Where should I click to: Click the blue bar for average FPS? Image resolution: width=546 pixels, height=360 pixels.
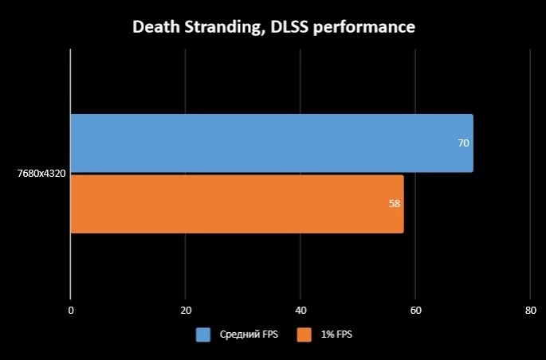pyautogui.click(x=272, y=143)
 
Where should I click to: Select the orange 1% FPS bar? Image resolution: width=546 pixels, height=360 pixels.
pyautogui.click(x=238, y=204)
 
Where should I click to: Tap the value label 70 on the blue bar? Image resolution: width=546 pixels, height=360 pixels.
pyautogui.click(x=463, y=143)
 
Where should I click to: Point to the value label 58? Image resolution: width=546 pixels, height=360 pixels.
pyautogui.click(x=395, y=203)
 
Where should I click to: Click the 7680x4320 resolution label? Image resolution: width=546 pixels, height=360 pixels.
pyautogui.click(x=41, y=173)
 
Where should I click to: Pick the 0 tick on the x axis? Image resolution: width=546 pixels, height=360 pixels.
pyautogui.click(x=71, y=311)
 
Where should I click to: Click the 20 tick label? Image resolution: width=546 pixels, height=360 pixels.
pyautogui.click(x=186, y=311)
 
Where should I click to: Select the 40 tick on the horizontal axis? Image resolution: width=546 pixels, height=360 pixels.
pyautogui.click(x=300, y=311)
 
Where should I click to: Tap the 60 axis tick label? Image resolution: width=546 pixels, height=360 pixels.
pyautogui.click(x=416, y=311)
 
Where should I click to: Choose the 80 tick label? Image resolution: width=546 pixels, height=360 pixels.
pyautogui.click(x=531, y=311)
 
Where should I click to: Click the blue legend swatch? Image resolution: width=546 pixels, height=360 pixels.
pyautogui.click(x=203, y=335)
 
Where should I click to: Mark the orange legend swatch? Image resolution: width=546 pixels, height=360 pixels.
pyautogui.click(x=304, y=335)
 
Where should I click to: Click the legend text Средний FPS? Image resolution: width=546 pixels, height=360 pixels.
pyautogui.click(x=249, y=335)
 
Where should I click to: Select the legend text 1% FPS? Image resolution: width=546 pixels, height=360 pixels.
pyautogui.click(x=336, y=335)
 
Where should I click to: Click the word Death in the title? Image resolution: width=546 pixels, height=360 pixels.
pyautogui.click(x=156, y=27)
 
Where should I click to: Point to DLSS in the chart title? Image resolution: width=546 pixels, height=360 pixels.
pyautogui.click(x=289, y=27)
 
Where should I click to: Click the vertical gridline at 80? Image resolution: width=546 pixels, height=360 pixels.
pyautogui.click(x=530, y=174)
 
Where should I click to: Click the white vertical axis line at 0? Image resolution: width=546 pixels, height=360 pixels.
pyautogui.click(x=70, y=174)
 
